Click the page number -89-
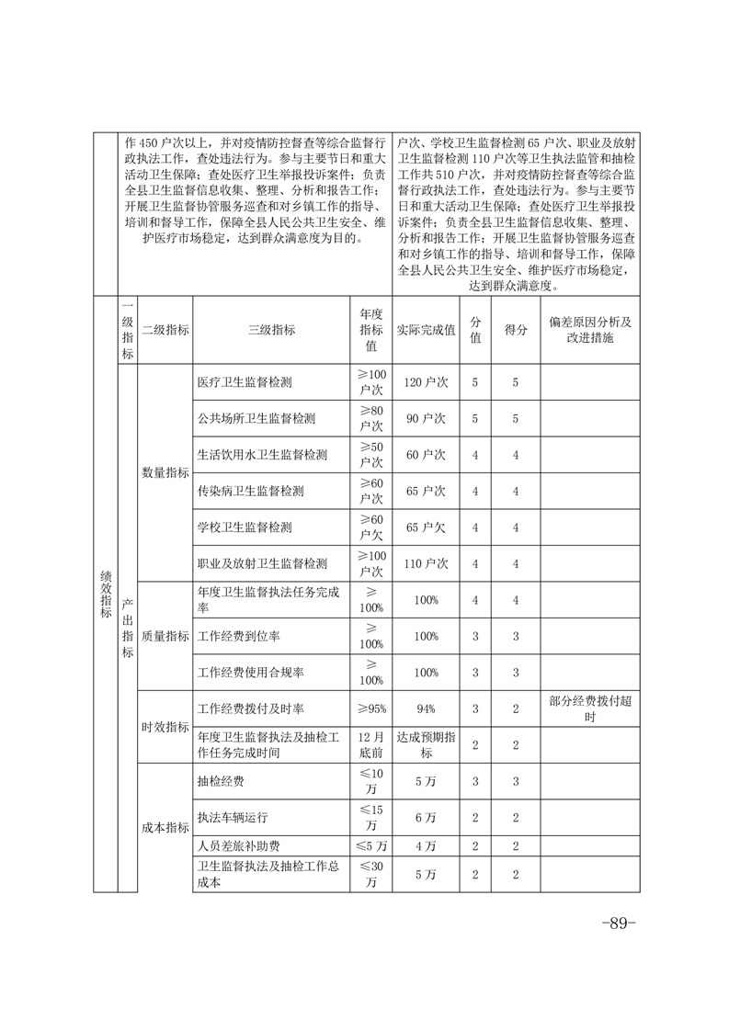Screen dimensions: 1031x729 tap(618, 923)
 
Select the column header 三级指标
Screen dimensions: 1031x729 tap(271, 331)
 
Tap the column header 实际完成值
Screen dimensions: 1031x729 tap(426, 331)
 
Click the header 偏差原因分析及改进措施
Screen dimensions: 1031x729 tap(590, 331)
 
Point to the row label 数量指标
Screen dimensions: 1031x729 tap(165, 472)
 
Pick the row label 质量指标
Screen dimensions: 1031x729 tap(165, 636)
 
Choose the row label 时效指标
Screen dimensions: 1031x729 tap(165, 727)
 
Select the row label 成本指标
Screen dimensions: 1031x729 tap(165, 827)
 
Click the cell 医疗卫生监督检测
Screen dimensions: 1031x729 tap(251, 381)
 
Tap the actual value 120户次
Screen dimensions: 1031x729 tap(426, 381)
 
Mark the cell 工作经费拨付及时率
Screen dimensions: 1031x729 tap(251, 708)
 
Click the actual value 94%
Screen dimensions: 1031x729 tap(426, 708)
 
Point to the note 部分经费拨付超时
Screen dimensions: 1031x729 tap(590, 708)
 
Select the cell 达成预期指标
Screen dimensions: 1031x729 tap(426, 744)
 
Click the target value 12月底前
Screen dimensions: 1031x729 tap(371, 744)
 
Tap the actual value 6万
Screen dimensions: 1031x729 tap(426, 817)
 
